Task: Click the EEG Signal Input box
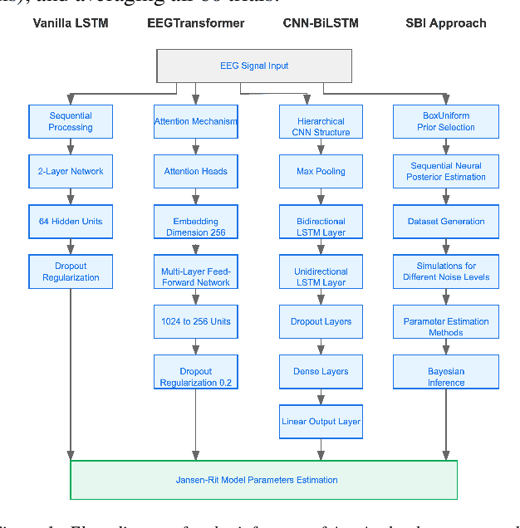(x=254, y=66)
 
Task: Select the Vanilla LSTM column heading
(x=71, y=22)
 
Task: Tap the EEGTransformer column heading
(x=195, y=22)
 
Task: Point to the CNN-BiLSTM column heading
(x=321, y=22)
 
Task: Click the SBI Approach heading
(x=445, y=22)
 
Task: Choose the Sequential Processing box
(x=71, y=121)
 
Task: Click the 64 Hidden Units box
(x=71, y=222)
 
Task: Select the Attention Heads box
(x=196, y=171)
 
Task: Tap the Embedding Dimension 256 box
(x=196, y=227)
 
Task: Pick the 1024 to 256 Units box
(x=196, y=321)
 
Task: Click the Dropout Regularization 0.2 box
(x=196, y=377)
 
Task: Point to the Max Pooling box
(x=321, y=171)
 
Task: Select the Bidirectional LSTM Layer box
(x=321, y=227)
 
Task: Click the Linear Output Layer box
(x=321, y=422)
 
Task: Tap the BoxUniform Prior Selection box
(x=446, y=121)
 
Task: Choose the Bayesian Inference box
(x=446, y=377)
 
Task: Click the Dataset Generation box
(x=446, y=222)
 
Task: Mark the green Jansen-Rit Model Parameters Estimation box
(x=263, y=479)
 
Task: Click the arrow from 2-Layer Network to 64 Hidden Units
(x=71, y=196)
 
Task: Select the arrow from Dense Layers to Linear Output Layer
(x=321, y=396)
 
